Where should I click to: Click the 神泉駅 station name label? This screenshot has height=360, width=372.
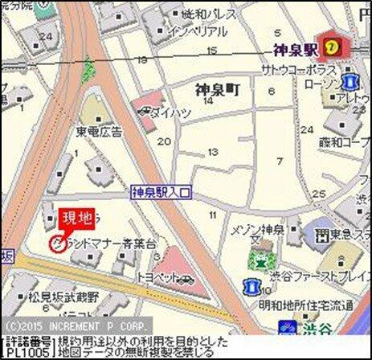pyautogui.click(x=293, y=49)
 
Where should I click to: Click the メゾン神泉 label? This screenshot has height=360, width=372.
pyautogui.click(x=259, y=230)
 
